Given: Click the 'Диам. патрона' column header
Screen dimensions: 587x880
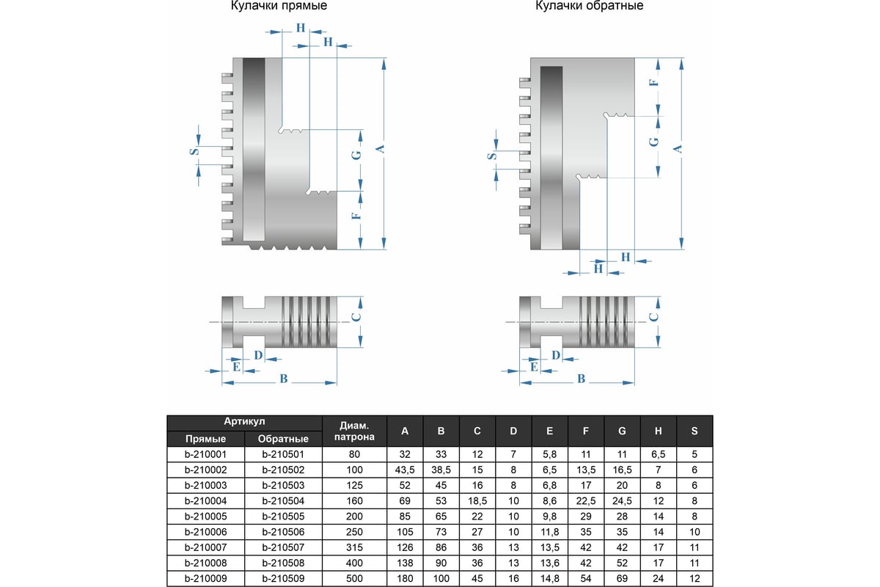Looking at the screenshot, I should (x=354, y=431).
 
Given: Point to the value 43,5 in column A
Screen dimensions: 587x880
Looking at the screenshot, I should (x=405, y=469).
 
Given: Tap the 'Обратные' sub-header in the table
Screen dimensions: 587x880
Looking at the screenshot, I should (x=282, y=439).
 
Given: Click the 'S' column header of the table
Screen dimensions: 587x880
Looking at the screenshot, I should (x=694, y=431).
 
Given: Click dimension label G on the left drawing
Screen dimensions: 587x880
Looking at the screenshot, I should (x=356, y=156).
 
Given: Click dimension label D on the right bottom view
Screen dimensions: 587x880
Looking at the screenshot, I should (x=555, y=355).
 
